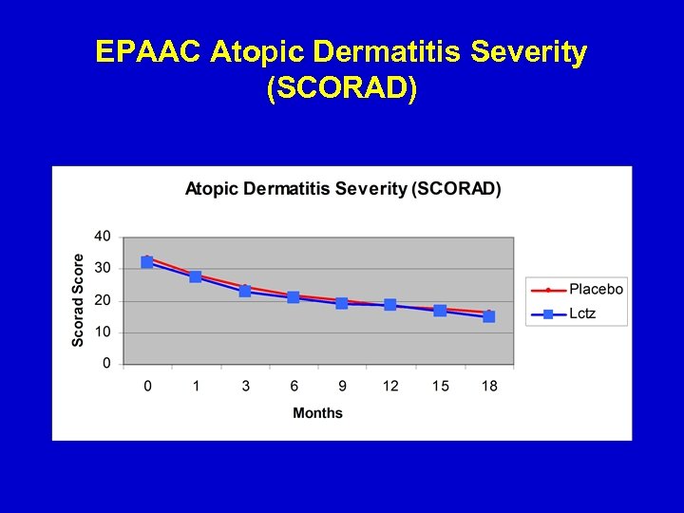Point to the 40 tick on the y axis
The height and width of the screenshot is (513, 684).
(x=102, y=237)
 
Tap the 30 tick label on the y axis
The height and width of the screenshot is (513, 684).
(x=102, y=269)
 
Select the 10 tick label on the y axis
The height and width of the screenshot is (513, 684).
(x=102, y=332)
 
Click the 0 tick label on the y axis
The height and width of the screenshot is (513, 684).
(x=106, y=363)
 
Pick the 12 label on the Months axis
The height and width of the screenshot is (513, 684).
(x=390, y=386)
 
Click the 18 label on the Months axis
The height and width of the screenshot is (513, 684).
(x=488, y=386)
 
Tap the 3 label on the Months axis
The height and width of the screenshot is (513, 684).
(x=244, y=386)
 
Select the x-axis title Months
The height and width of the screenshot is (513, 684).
(x=317, y=413)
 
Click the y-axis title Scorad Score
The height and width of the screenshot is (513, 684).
(x=78, y=300)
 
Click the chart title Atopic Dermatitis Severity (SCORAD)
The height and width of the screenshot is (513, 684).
(x=342, y=188)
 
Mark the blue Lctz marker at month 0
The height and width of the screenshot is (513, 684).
(x=147, y=262)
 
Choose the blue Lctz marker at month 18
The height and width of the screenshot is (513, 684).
(x=488, y=316)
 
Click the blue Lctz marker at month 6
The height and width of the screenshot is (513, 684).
(x=293, y=297)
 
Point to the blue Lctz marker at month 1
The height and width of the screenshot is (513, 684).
(x=196, y=276)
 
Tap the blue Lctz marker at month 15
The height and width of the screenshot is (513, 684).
(x=440, y=311)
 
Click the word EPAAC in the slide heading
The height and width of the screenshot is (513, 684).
(x=149, y=52)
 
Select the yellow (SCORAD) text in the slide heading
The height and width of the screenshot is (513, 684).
(x=342, y=88)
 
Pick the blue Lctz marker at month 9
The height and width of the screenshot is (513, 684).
(x=342, y=303)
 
